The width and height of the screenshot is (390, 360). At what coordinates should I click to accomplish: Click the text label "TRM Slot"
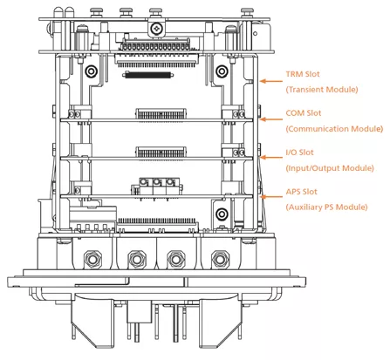(303, 74)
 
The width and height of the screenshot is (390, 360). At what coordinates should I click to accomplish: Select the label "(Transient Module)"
(322, 90)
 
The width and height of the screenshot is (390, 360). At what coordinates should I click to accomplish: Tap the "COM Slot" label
(304, 113)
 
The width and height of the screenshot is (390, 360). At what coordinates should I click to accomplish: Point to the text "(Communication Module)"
(334, 129)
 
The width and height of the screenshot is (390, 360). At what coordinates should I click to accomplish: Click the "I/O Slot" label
(299, 153)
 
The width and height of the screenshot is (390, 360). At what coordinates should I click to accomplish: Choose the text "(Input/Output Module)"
(330, 168)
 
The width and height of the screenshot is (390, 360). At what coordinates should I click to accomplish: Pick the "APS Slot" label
(301, 192)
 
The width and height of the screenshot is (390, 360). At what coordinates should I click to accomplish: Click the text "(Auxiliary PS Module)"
(326, 207)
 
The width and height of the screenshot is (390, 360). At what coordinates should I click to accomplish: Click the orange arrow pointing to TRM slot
(271, 81)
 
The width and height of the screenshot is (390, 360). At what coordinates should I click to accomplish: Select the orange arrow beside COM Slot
(271, 119)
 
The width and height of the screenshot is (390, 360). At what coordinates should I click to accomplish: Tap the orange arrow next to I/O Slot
(271, 158)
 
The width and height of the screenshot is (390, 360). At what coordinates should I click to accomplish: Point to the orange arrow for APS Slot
(271, 197)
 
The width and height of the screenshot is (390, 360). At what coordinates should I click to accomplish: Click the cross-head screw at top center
(157, 29)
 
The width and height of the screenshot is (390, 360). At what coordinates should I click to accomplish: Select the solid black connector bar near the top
(148, 75)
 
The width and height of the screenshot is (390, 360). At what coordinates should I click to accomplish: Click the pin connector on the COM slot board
(161, 113)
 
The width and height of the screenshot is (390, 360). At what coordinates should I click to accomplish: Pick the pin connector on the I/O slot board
(161, 153)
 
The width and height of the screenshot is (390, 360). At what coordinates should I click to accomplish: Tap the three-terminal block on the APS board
(157, 187)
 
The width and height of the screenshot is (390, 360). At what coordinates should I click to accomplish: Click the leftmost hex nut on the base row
(92, 259)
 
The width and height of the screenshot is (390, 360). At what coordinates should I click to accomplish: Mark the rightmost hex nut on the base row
(221, 259)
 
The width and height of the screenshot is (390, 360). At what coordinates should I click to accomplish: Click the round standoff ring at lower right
(222, 214)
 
